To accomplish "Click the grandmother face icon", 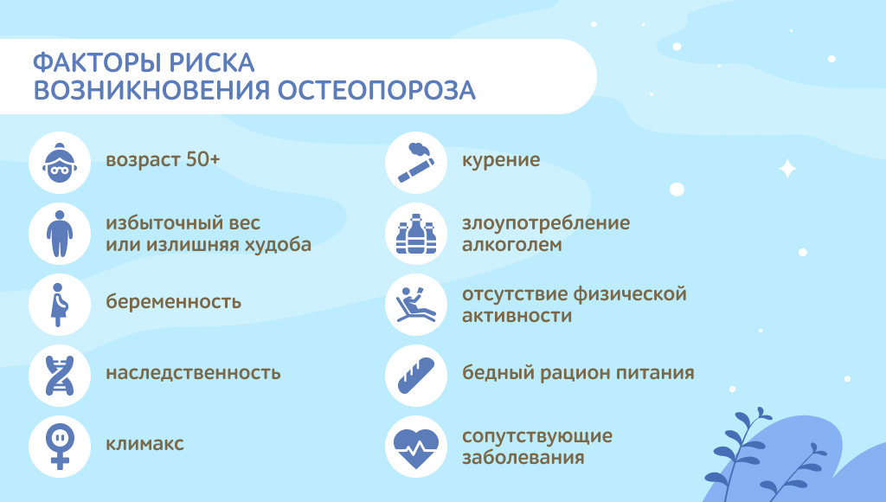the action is coord(60,163).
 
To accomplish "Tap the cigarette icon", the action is coord(416,163).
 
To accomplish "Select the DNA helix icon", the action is coord(60,376).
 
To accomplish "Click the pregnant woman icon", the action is coord(60,304).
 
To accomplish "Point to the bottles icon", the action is coord(416,234).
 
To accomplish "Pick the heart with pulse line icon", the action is coord(416,447).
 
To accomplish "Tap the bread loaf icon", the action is coord(416,375).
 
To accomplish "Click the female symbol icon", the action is coord(60,447).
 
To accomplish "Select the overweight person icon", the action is coord(60,234).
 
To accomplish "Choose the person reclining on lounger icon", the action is coord(416,304).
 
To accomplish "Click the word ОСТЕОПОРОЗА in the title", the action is coord(376,91).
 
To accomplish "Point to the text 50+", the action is coord(202,160).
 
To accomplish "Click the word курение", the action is coord(501,160).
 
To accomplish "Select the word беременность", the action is coord(173,301).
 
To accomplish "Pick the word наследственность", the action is coord(193,373).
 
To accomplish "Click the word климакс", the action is coord(144,444).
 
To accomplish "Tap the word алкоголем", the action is coord(512,245).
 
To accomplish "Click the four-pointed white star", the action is coord(787,169).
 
